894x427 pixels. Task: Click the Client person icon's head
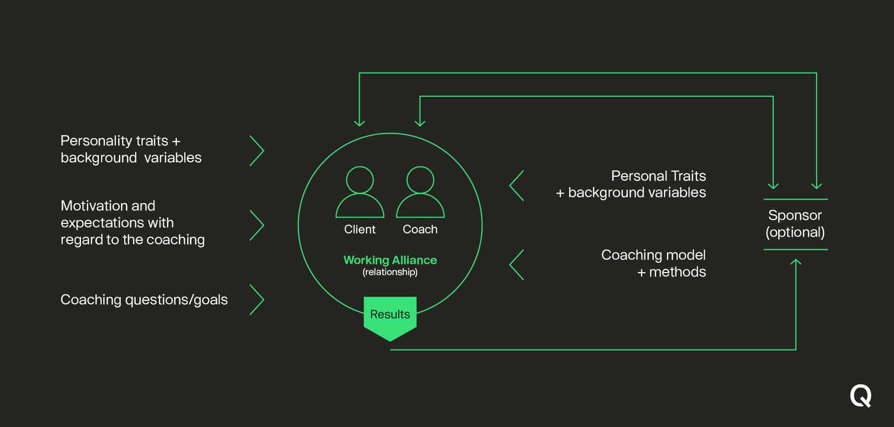click(360, 180)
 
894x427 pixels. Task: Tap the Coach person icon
click(420, 194)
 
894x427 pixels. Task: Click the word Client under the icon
click(360, 229)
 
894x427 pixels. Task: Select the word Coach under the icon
click(420, 229)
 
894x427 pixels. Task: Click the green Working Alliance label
click(390, 260)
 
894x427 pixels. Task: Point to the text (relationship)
click(390, 272)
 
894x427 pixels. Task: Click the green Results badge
click(390, 315)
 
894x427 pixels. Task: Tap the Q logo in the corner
click(860, 396)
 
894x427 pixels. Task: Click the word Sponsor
click(795, 215)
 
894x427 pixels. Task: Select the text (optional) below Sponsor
click(795, 232)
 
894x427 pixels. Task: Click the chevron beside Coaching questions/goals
click(257, 299)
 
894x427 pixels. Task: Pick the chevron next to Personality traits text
click(257, 150)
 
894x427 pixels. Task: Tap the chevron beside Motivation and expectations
click(257, 225)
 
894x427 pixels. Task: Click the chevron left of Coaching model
click(517, 265)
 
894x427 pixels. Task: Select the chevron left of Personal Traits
click(517, 186)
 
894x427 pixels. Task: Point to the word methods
click(677, 272)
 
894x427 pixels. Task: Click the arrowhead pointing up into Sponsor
click(796, 261)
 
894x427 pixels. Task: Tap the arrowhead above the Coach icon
click(420, 122)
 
